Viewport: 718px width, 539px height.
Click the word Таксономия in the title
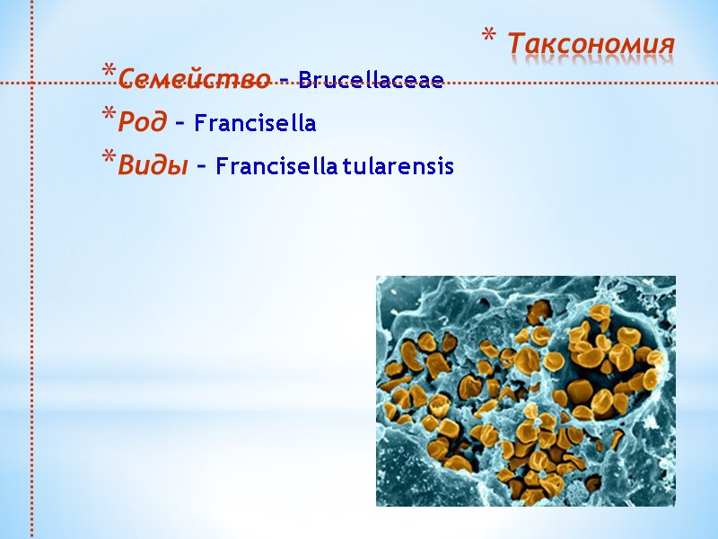click(591, 43)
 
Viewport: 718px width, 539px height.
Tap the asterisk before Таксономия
click(489, 38)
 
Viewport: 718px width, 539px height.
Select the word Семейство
click(194, 79)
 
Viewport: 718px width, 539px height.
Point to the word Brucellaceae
click(371, 80)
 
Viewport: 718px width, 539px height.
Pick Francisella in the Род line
click(255, 123)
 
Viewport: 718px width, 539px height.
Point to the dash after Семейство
click(284, 81)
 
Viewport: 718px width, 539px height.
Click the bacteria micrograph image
click(525, 391)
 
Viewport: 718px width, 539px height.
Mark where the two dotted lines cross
click(32, 84)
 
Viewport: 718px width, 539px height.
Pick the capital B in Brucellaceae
click(304, 80)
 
